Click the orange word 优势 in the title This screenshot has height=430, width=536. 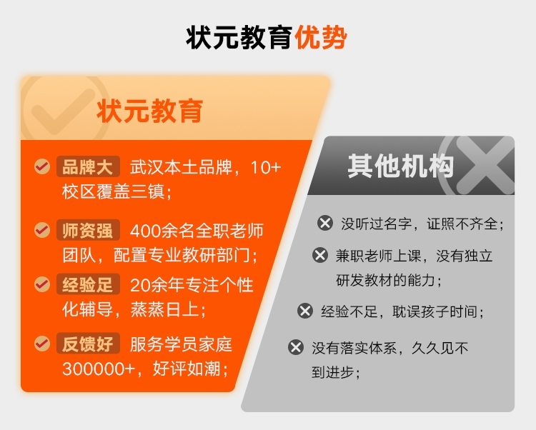coord(321,38)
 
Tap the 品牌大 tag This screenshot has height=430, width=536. coord(88,166)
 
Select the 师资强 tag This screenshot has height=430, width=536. coord(88,230)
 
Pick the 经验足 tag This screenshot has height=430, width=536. coord(88,284)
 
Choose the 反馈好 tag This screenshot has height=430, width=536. coord(88,344)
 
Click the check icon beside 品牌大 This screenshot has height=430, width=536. coord(42,166)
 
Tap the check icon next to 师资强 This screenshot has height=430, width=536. coord(42,229)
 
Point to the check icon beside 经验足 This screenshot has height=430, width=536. coord(42,284)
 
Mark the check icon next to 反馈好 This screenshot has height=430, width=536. coord(42,344)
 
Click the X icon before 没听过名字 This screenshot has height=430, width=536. coord(325,224)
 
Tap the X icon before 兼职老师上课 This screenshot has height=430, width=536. coord(320,255)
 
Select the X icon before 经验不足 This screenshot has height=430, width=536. coord(305,311)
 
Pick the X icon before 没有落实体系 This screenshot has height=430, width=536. coord(296,347)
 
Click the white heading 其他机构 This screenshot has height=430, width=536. coord(401,166)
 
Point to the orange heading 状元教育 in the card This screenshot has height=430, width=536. coord(150,111)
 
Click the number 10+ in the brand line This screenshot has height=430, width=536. coord(266,167)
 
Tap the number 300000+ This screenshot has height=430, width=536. coord(99,369)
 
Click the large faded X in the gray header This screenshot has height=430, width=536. coord(485,166)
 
